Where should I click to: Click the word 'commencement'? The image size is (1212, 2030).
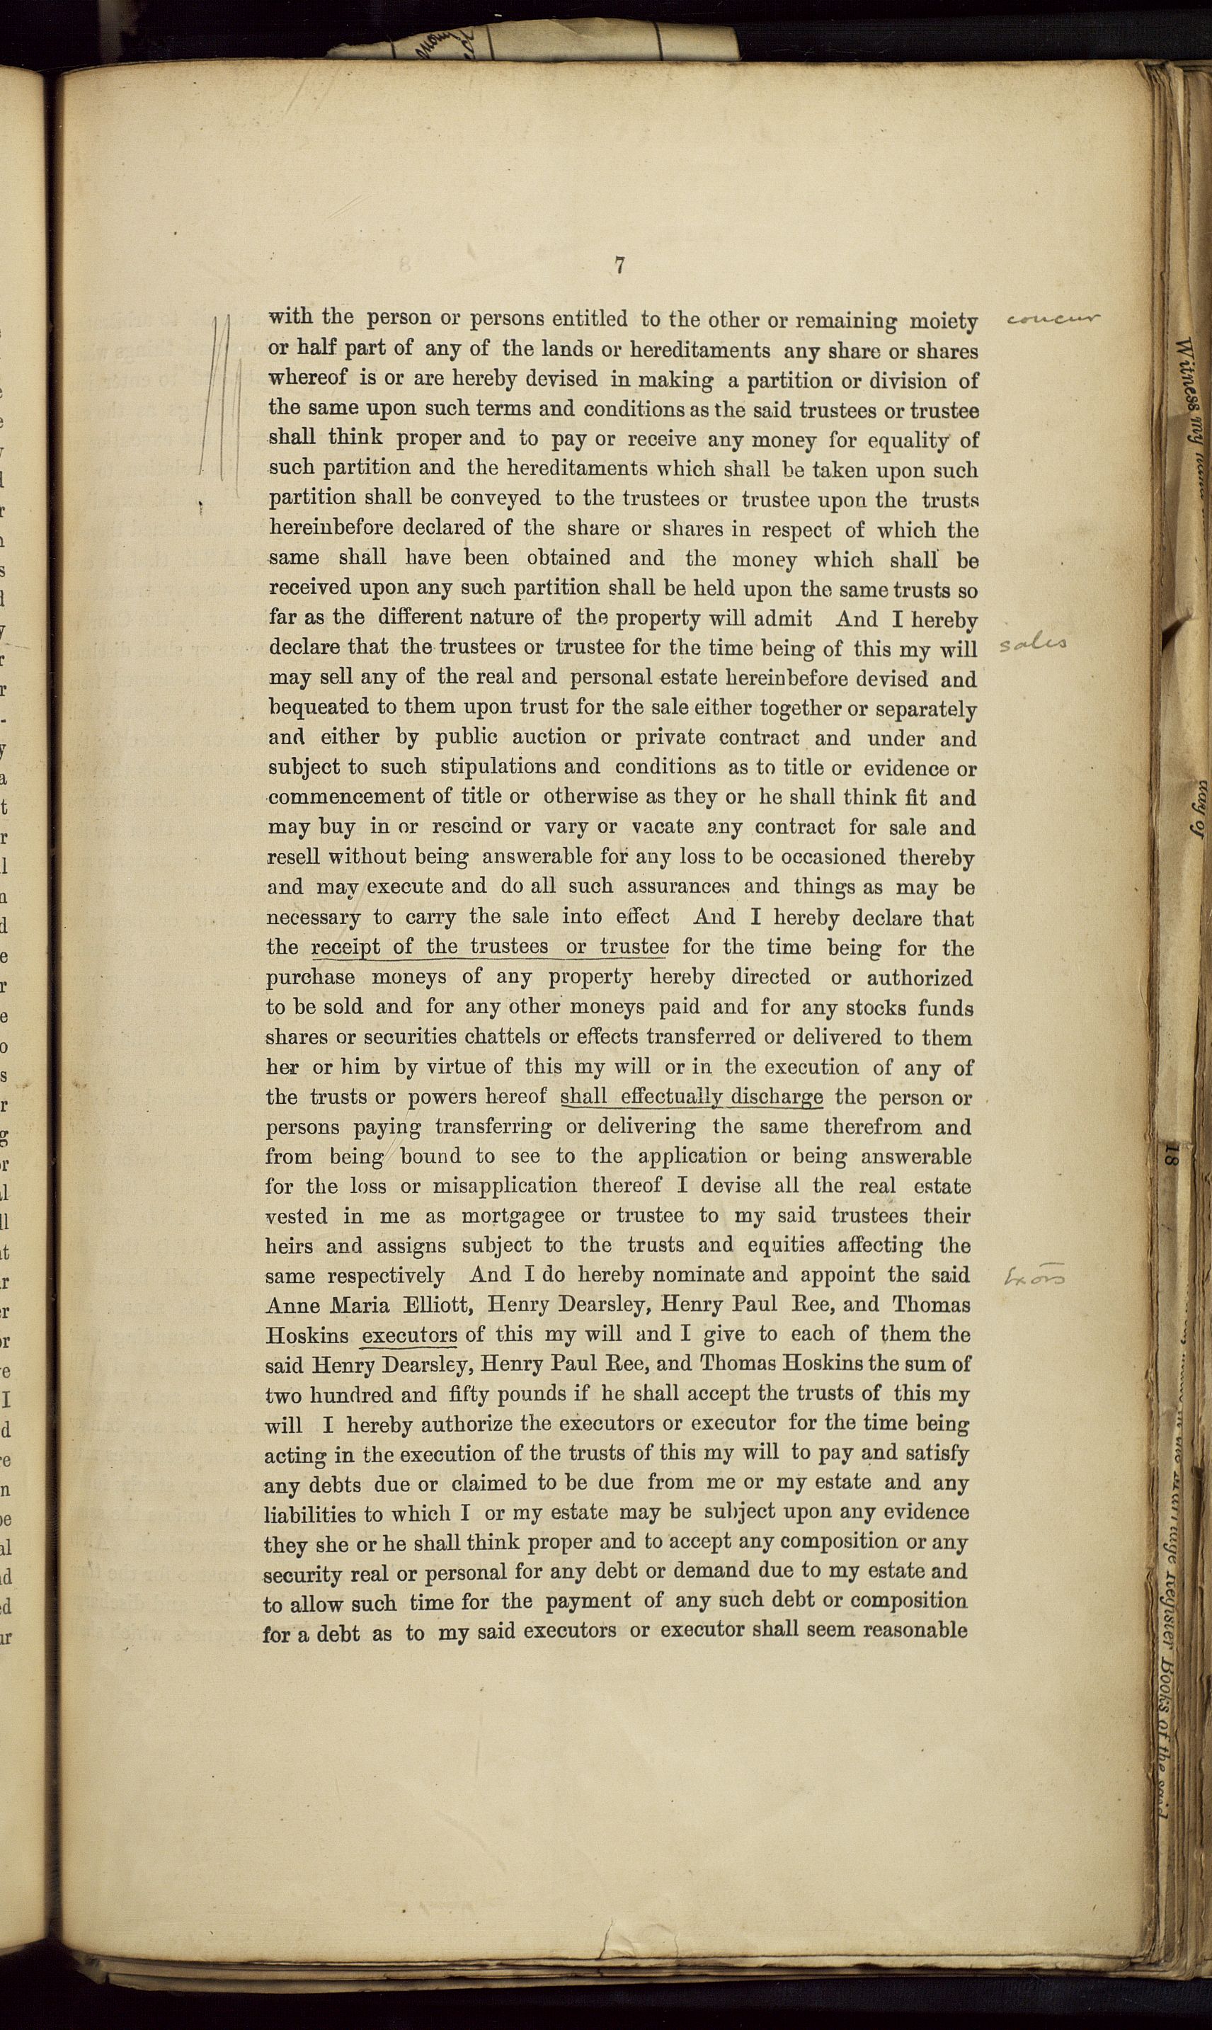pyautogui.click(x=347, y=797)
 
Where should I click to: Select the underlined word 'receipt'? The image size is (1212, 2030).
pyautogui.click(x=345, y=947)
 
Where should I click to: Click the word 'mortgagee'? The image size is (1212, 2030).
pyautogui.click(x=512, y=1216)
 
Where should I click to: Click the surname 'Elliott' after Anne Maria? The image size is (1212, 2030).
pyautogui.click(x=436, y=1305)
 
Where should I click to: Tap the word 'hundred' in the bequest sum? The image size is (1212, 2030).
pyautogui.click(x=357, y=1395)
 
